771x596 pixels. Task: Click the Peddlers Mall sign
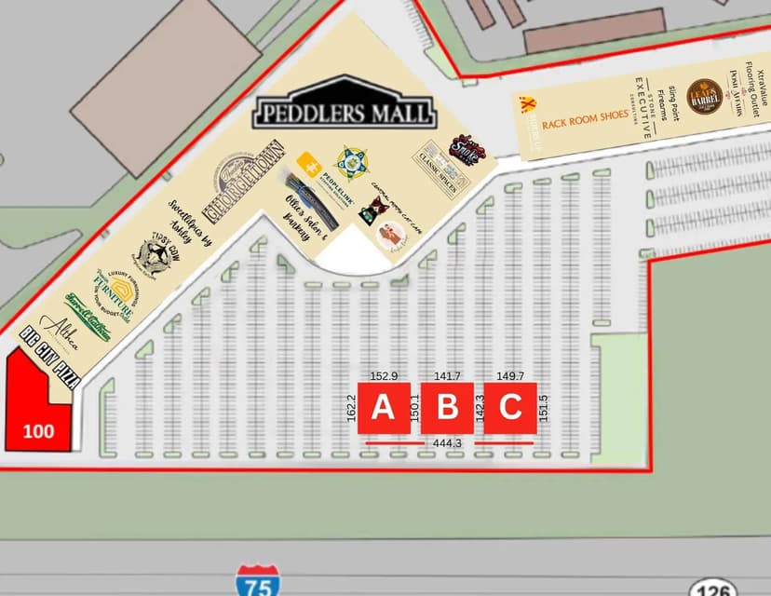click(x=345, y=112)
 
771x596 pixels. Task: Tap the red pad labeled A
click(x=384, y=408)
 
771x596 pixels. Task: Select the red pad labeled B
click(x=448, y=408)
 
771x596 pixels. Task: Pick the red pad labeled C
click(x=510, y=408)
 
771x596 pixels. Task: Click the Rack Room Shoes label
click(x=585, y=120)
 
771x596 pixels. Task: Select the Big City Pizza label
click(x=50, y=356)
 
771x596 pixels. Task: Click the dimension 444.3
click(x=448, y=443)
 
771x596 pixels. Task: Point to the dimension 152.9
click(x=384, y=376)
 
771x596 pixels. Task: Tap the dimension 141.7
click(x=448, y=376)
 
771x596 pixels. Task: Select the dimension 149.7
click(x=511, y=376)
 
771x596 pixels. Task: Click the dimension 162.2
click(x=351, y=409)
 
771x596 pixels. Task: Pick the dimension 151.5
click(x=544, y=409)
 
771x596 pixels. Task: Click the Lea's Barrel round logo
click(x=704, y=96)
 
